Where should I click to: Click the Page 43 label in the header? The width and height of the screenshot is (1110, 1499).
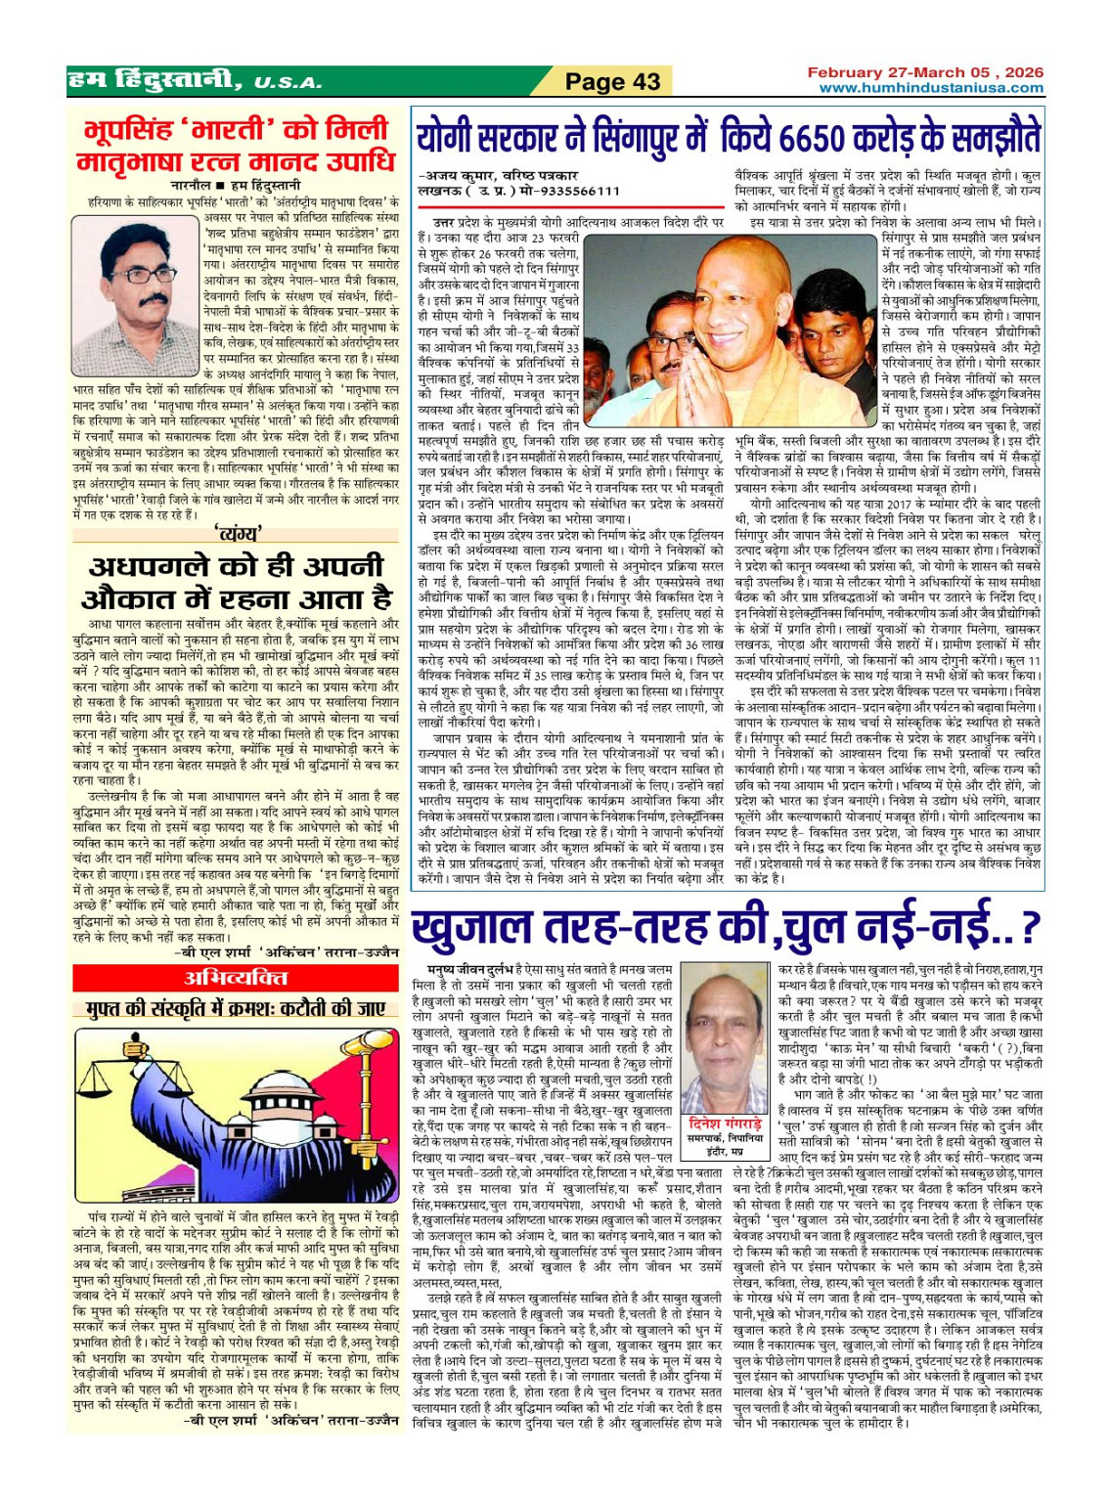(x=613, y=82)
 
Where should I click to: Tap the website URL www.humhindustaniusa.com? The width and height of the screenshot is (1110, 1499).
(x=931, y=88)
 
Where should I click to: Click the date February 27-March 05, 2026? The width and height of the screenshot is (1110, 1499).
(x=925, y=72)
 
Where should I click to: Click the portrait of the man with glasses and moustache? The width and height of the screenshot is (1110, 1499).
(x=136, y=295)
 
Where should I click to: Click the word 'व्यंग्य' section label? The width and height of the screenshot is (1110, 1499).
(x=238, y=534)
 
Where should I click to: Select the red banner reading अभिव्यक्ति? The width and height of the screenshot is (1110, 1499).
(x=237, y=978)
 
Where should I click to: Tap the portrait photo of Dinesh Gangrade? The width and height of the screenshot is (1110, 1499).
(x=725, y=1046)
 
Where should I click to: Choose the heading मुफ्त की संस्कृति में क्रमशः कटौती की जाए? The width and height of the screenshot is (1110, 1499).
(x=236, y=1009)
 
